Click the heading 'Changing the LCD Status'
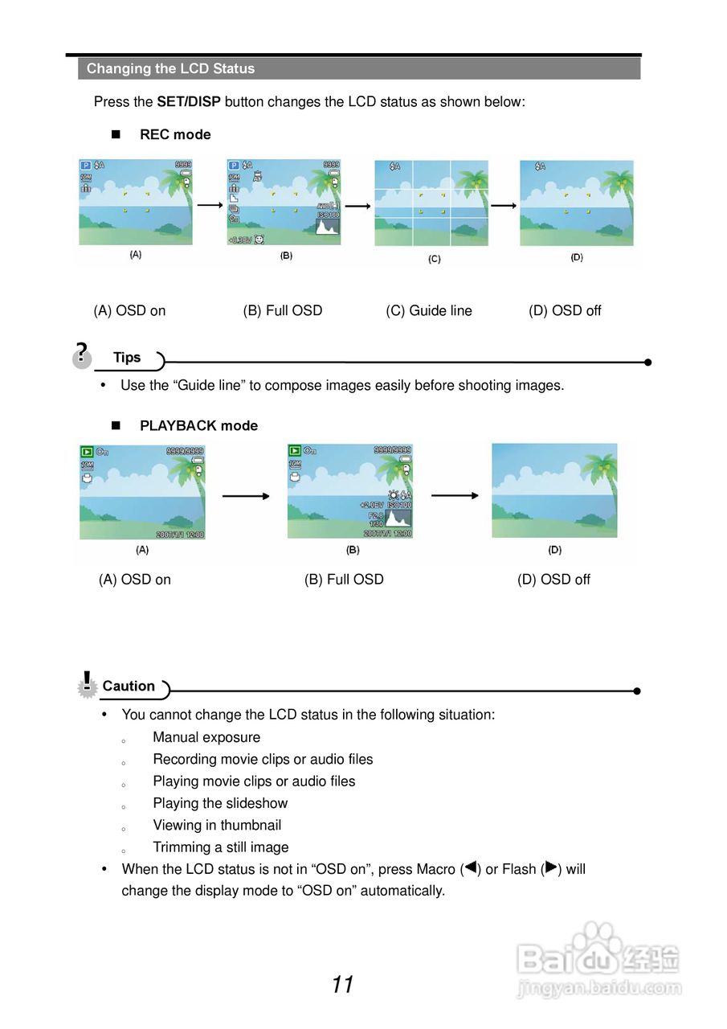170,69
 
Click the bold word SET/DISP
189,102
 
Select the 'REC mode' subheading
175,135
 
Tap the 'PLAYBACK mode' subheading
198,426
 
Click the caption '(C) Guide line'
429,311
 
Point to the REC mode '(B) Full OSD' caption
283,311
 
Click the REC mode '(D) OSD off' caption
565,311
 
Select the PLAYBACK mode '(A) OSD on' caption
135,580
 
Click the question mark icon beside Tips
81,354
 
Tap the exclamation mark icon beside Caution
87,684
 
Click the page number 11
342,985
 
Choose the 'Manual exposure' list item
206,737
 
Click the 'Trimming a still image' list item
221,847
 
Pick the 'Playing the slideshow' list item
220,803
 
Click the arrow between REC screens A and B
209,206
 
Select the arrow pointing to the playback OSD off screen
455,496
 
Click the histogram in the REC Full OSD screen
328,228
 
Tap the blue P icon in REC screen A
85,166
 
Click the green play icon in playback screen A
87,452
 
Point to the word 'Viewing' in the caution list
178,826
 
